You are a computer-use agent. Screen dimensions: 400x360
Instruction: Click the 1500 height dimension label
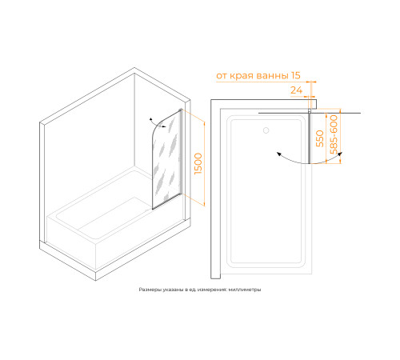pos(198,164)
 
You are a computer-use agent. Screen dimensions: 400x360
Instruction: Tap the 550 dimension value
pos(320,138)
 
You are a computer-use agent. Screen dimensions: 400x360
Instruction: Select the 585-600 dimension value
pos(334,134)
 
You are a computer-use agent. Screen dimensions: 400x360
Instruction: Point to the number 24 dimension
pos(296,90)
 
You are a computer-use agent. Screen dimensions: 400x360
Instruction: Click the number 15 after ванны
pos(296,75)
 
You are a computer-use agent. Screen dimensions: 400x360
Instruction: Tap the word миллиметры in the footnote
pos(245,290)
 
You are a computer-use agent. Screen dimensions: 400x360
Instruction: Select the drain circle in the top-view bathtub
pos(266,130)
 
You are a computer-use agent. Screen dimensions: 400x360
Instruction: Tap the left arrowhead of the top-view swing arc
pos(279,154)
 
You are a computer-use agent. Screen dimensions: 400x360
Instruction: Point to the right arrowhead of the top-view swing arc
pos(341,154)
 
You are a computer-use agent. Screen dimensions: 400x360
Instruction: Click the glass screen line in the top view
pos(310,138)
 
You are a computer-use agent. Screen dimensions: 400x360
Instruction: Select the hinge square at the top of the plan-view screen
pos(310,110)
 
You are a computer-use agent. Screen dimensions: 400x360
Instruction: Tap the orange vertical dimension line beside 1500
pos(204,164)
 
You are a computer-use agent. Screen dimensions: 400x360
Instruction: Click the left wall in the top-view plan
pos(215,189)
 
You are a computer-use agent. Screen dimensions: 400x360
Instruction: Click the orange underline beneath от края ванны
pos(266,82)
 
